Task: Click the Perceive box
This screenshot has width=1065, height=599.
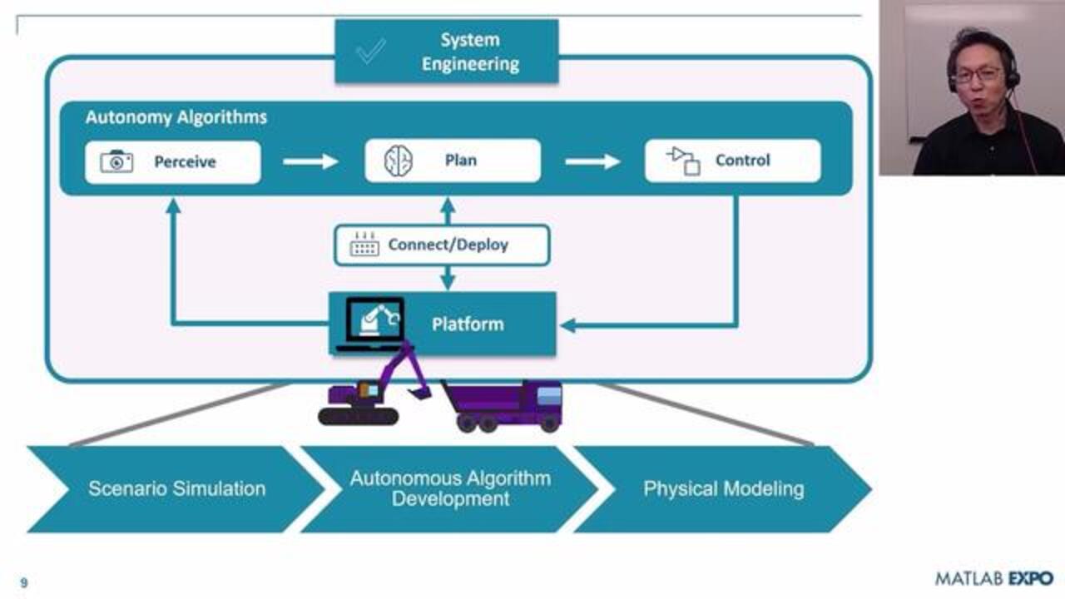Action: [172, 161]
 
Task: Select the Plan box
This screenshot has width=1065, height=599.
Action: [453, 161]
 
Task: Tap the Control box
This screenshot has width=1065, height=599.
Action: [732, 161]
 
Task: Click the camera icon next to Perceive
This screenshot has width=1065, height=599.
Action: [116, 161]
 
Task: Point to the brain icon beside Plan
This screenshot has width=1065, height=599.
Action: [398, 161]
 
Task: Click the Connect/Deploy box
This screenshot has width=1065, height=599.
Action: [442, 245]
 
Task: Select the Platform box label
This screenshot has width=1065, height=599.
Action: [468, 324]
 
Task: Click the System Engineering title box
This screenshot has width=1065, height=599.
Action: [446, 52]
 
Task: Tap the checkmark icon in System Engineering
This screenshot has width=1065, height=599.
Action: [370, 52]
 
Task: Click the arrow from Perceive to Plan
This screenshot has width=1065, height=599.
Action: [310, 161]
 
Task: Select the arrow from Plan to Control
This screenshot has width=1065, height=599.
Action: [592, 161]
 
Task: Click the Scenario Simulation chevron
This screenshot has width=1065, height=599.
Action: [176, 489]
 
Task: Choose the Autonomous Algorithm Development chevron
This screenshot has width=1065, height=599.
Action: [449, 489]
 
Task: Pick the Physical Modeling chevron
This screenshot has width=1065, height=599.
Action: [722, 489]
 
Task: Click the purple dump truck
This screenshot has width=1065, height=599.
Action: [503, 405]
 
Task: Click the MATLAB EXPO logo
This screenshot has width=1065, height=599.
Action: [993, 578]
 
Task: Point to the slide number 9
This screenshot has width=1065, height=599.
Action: [23, 583]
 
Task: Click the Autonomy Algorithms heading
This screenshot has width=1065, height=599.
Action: [176, 117]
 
